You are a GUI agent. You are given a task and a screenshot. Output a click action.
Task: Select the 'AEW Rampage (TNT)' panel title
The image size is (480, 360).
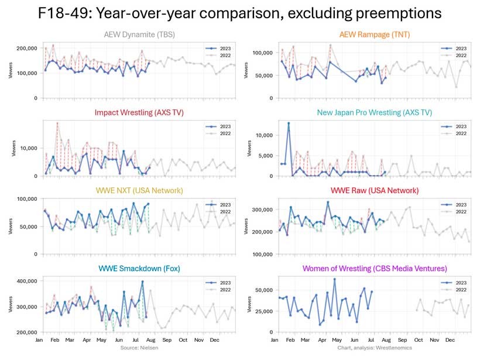[x=375, y=35]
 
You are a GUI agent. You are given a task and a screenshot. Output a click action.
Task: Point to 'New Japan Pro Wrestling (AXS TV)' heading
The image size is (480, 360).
[x=375, y=112]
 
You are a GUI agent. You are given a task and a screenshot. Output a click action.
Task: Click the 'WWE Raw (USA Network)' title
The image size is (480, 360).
[x=375, y=190]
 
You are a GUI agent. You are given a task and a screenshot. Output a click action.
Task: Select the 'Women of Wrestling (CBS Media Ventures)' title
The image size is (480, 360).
[x=375, y=268]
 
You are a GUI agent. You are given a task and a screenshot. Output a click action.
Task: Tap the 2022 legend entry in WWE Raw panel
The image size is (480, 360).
[x=457, y=211]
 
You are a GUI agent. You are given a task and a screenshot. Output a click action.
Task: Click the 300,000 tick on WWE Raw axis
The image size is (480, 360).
[x=258, y=209]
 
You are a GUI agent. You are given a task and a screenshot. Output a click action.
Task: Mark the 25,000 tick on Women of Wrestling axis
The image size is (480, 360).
[x=260, y=311]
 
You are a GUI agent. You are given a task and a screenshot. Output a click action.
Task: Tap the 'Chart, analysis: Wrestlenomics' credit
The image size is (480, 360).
[x=375, y=348]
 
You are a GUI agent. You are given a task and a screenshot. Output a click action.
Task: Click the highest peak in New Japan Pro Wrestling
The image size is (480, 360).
[x=288, y=124]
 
